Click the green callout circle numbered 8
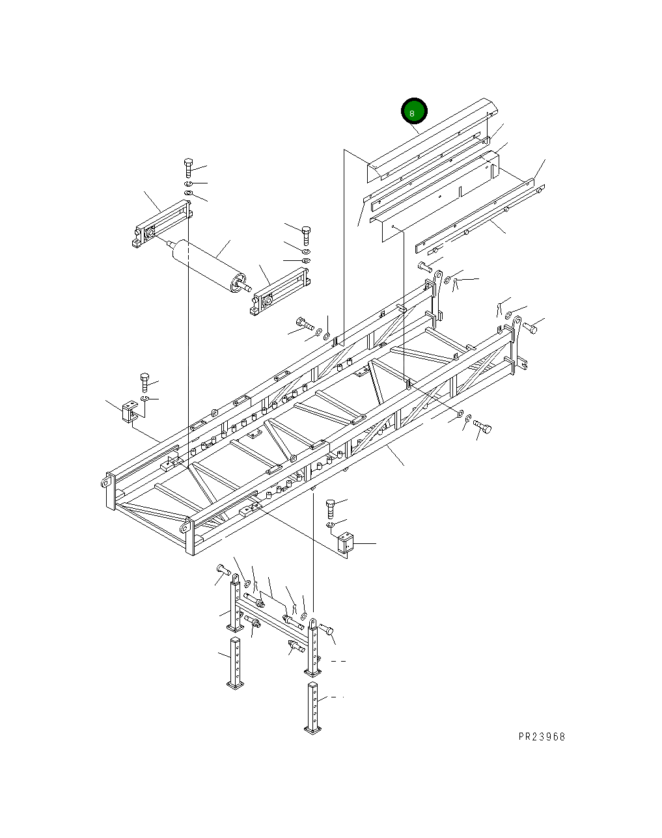pyautogui.click(x=413, y=112)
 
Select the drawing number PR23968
pyautogui.click(x=542, y=737)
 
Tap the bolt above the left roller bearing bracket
pyautogui.click(x=188, y=167)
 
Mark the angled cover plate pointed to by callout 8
pyautogui.click(x=430, y=140)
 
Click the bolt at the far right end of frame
pyautogui.click(x=529, y=328)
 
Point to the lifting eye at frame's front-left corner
pyautogui.click(x=105, y=482)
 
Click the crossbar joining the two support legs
pyautogui.click(x=273, y=619)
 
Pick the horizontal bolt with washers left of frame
pyautogui.click(x=304, y=323)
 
